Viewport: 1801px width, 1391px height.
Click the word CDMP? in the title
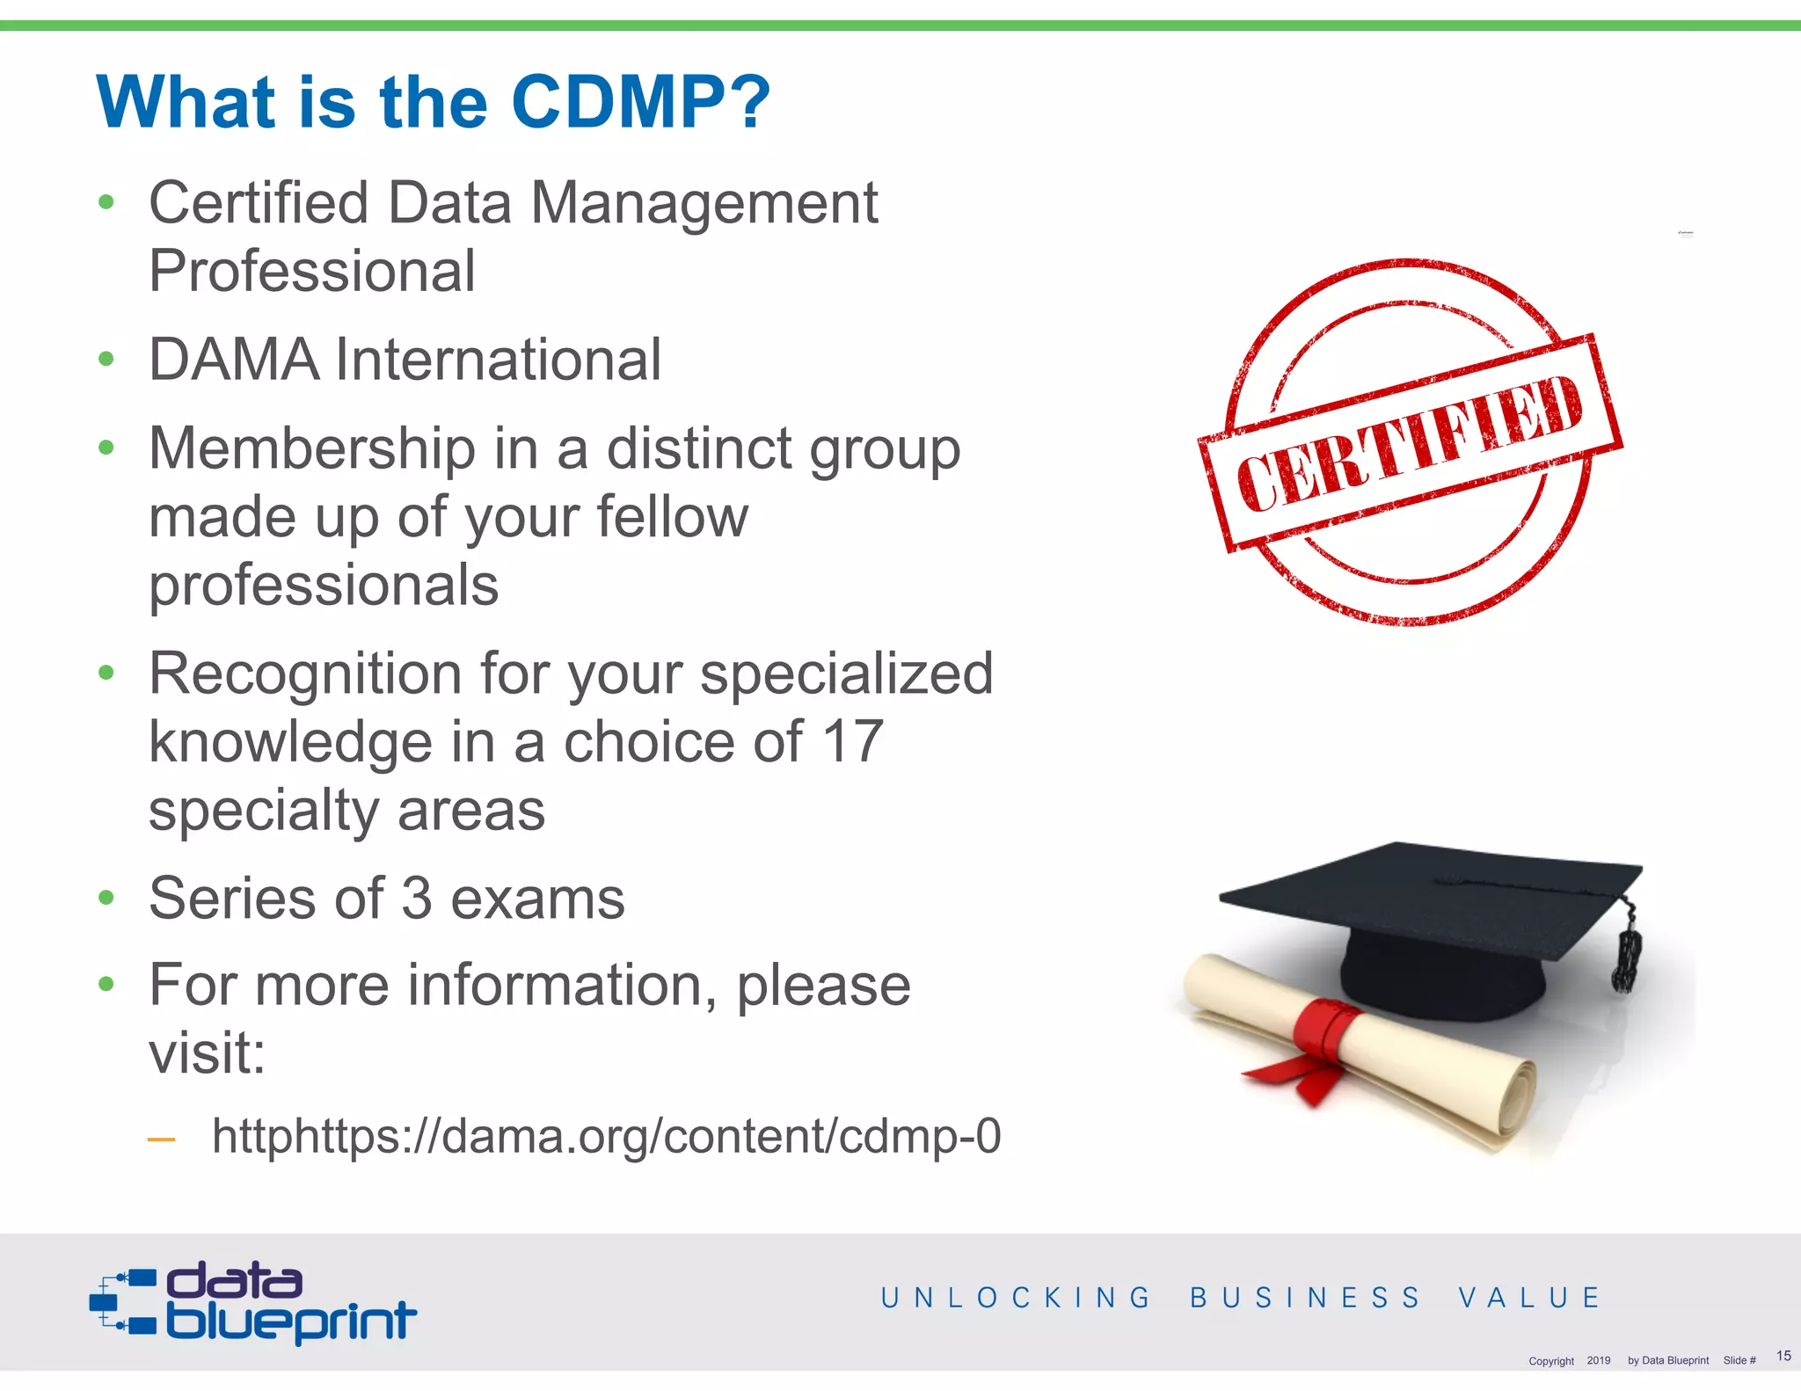[640, 102]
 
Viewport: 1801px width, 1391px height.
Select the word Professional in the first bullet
[312, 271]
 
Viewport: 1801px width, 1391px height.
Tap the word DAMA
[234, 360]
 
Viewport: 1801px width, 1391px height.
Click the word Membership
[312, 448]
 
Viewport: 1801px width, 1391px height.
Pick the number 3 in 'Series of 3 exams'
[416, 899]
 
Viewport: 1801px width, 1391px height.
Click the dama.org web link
[606, 1135]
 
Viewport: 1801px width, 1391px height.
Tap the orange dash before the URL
[162, 1140]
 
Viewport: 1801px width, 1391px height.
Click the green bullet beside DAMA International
[106, 360]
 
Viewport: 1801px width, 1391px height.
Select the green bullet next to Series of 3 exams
[106, 898]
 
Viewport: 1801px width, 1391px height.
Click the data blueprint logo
[253, 1303]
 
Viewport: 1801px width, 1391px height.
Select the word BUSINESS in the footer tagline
[1305, 1298]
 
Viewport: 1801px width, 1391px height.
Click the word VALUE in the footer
[1529, 1298]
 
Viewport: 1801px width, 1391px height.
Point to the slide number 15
[1783, 1355]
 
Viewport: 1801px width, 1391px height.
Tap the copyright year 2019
[1599, 1360]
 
